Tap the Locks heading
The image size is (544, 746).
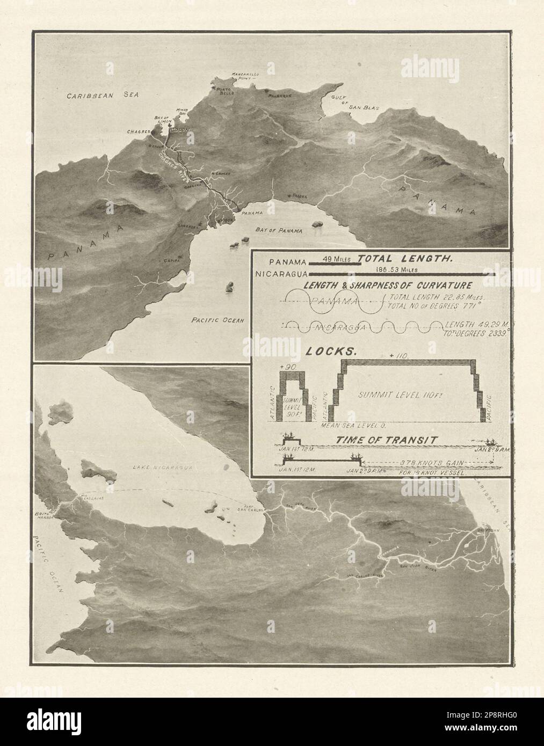324,352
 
